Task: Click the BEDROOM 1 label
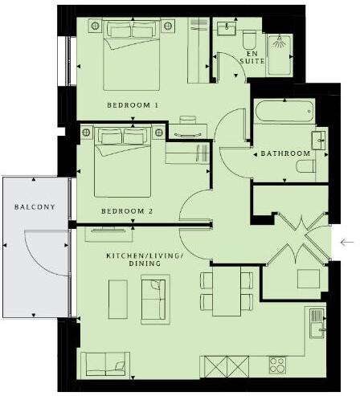133,106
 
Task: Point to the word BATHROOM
285,153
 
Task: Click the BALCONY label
34,207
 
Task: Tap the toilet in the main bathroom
309,167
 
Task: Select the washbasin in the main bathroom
318,139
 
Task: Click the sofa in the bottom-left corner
104,363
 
